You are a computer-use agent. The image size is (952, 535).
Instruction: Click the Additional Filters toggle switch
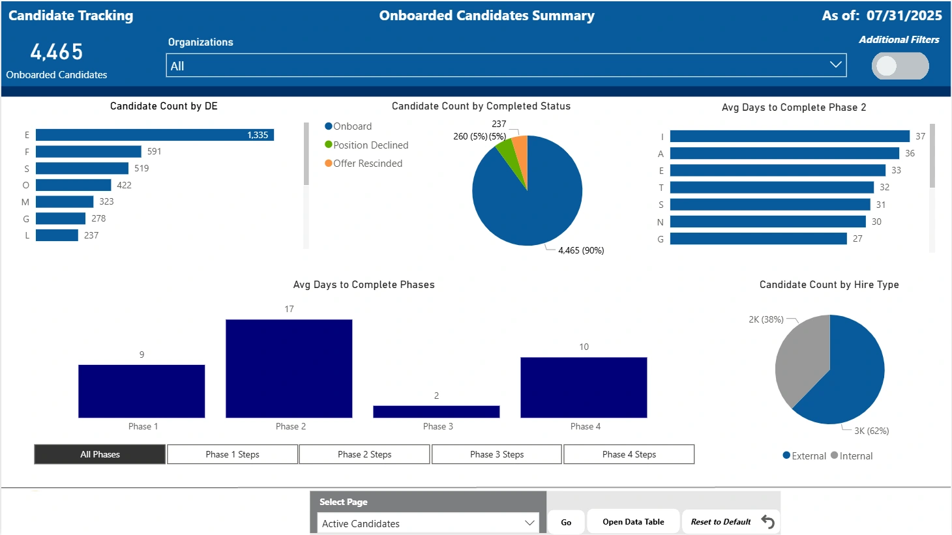click(900, 66)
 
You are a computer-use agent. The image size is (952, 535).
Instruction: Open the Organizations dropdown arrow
click(835, 65)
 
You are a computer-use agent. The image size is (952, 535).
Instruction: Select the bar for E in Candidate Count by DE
click(155, 135)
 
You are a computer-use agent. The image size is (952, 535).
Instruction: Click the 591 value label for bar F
click(154, 151)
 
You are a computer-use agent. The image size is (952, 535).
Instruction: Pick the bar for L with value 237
click(57, 235)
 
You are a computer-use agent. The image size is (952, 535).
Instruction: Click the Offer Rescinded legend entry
click(367, 164)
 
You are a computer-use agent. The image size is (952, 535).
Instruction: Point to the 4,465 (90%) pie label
click(581, 250)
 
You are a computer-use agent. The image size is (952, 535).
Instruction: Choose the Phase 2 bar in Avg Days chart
click(289, 368)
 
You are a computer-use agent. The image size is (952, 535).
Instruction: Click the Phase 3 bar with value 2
click(436, 411)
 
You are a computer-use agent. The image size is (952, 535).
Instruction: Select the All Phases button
click(100, 454)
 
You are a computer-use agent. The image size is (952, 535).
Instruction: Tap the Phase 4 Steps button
click(629, 454)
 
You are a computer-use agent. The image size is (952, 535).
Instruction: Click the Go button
click(566, 522)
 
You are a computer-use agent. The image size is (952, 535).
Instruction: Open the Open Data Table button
click(633, 522)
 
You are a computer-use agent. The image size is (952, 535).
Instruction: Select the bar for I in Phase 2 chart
click(789, 136)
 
